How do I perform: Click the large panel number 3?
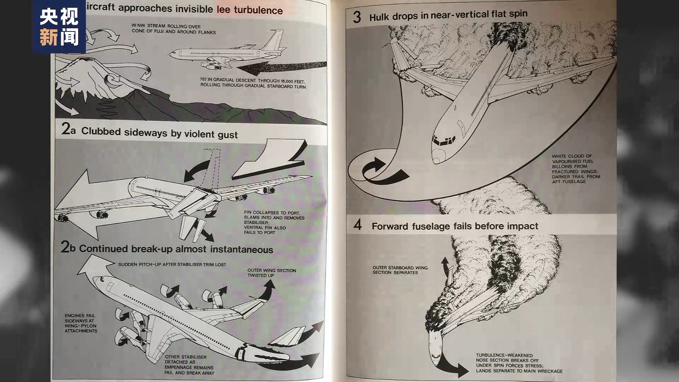click(357, 17)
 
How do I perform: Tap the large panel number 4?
click(358, 225)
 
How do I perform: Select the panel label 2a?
click(68, 129)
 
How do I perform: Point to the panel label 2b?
click(68, 247)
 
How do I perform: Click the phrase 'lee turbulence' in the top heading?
click(250, 10)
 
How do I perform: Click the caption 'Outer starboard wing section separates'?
click(400, 270)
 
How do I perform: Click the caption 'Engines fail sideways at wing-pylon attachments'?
click(81, 323)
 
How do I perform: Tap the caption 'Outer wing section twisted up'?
click(272, 273)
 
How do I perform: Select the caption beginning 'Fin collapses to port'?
click(274, 222)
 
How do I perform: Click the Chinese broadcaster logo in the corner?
click(59, 27)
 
